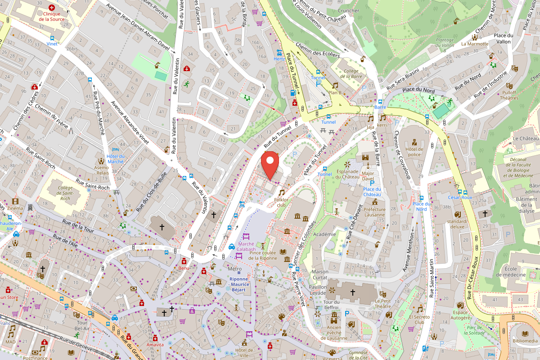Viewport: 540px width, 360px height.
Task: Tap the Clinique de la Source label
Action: click(x=52, y=17)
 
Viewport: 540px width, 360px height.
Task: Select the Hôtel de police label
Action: click(x=414, y=152)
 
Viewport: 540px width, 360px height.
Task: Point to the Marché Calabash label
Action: click(x=246, y=246)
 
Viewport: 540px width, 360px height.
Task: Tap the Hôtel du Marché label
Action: click(x=115, y=159)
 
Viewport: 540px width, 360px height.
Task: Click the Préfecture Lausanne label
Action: click(x=375, y=212)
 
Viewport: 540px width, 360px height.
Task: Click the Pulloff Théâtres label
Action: click(x=509, y=95)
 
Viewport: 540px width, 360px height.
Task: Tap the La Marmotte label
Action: click(x=474, y=44)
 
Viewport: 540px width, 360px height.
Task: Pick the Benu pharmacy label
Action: click(x=184, y=268)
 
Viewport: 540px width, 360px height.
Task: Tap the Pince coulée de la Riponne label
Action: click(x=263, y=256)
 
